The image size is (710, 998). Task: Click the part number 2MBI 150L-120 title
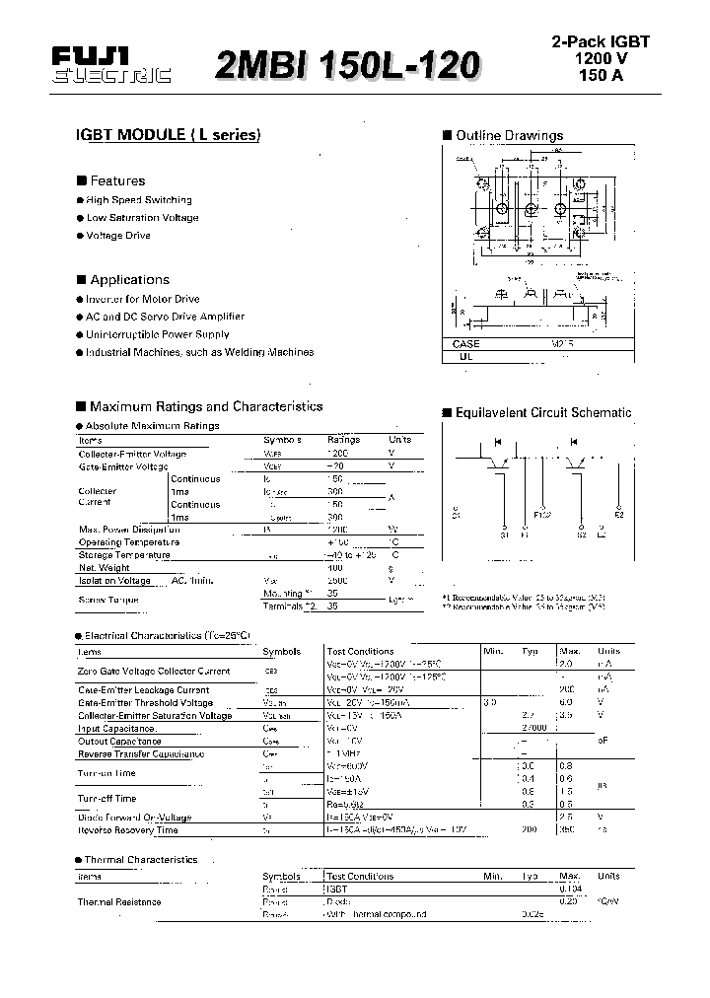click(347, 64)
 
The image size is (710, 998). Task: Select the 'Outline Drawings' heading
click(509, 136)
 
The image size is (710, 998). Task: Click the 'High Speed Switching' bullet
click(139, 200)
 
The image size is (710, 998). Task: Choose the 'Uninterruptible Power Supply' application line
click(157, 334)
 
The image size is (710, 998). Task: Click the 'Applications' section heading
click(129, 280)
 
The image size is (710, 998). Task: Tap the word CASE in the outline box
click(466, 344)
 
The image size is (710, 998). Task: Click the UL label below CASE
click(466, 358)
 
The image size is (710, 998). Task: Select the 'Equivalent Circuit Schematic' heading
click(543, 413)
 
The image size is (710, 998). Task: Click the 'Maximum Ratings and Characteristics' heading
click(205, 406)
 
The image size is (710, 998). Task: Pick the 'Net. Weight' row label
click(105, 568)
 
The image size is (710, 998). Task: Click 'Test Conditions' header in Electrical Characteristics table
click(360, 652)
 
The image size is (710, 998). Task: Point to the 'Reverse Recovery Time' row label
click(128, 830)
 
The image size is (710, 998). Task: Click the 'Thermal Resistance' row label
click(119, 901)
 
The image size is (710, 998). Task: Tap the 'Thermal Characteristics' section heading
click(141, 860)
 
